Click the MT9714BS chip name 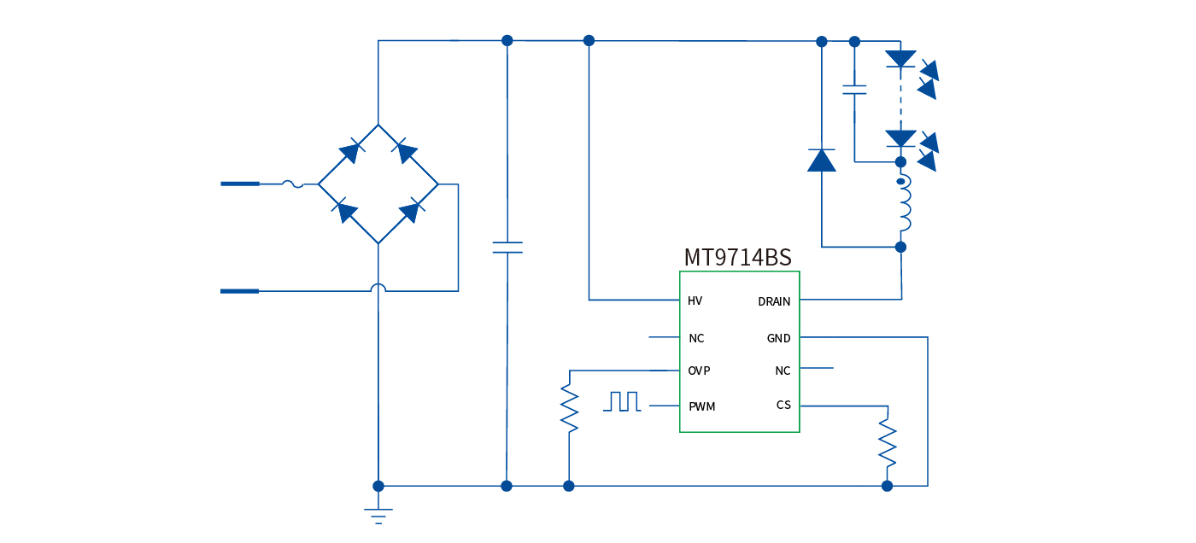737,258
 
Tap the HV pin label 695,301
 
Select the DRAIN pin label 774,302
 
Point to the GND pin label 778,339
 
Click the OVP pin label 699,371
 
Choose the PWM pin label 701,407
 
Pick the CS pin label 783,405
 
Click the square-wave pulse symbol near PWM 622,401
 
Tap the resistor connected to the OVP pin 569,408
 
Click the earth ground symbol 378,515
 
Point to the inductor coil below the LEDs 903,205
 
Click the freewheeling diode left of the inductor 822,161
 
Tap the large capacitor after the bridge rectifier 507,248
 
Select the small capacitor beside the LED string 854,89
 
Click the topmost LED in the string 900,59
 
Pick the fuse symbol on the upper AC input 292,184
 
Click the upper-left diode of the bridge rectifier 349,153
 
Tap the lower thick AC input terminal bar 239,291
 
